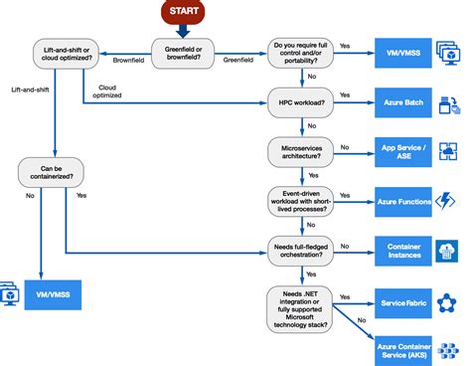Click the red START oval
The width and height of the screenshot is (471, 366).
pos(189,12)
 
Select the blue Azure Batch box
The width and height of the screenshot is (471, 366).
pos(403,102)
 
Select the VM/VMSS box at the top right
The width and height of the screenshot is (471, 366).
pos(403,48)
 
